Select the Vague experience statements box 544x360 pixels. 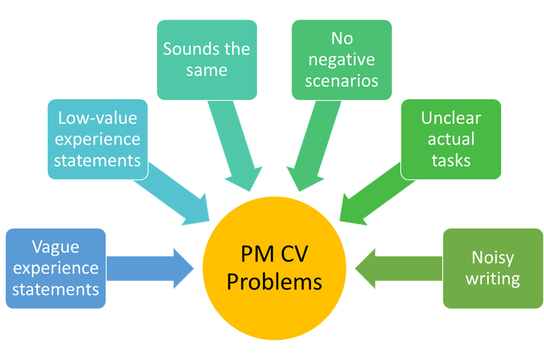click(x=56, y=268)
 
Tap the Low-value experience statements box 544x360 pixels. click(x=98, y=139)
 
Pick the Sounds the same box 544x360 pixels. click(x=206, y=60)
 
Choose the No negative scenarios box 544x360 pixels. click(x=341, y=60)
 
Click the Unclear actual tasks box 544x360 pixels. click(x=451, y=139)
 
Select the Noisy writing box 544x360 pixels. click(x=493, y=268)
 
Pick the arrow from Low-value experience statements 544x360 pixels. click(x=177, y=196)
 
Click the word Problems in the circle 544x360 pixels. click(x=275, y=281)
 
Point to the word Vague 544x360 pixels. click(x=56, y=247)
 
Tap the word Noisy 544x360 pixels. click(x=493, y=258)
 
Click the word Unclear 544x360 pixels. click(x=451, y=118)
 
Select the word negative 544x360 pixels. click(x=341, y=60)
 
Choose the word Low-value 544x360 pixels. click(x=98, y=118)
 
